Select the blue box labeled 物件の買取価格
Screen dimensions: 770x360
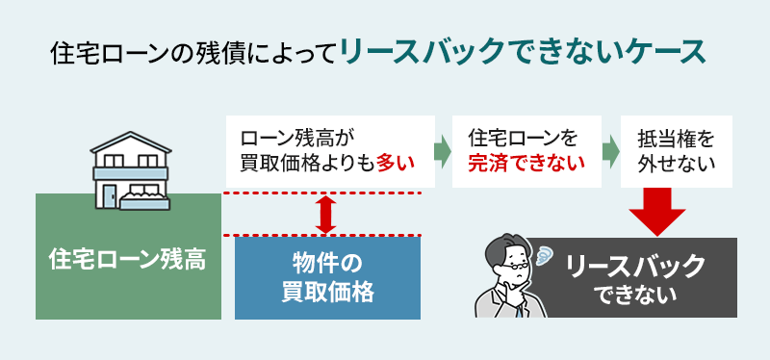coord(326,276)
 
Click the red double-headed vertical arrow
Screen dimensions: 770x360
coord(325,215)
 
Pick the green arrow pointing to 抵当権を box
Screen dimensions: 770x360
coord(610,151)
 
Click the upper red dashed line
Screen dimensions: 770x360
coord(322,193)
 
